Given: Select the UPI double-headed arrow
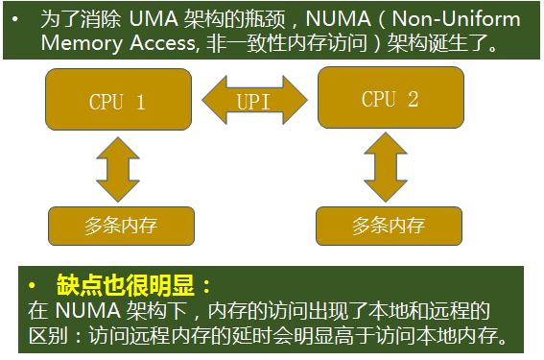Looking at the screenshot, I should point(254,101).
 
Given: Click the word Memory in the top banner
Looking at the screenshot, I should point(76,43).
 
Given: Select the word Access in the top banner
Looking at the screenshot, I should point(160,43).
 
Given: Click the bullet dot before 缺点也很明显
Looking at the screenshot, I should point(32,286).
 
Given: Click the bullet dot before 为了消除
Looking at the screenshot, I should point(16,19).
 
